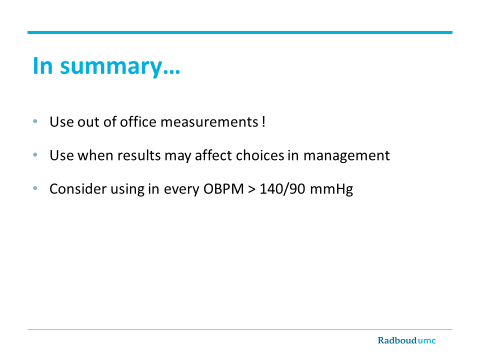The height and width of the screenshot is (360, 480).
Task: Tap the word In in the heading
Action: (x=42, y=65)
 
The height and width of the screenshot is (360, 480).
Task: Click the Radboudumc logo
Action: (x=406, y=340)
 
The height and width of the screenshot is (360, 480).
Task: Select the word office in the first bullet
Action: (x=138, y=121)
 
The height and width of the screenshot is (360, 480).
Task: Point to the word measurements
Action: (x=209, y=122)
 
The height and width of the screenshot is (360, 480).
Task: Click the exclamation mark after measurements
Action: (x=263, y=121)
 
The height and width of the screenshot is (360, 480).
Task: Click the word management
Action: (x=346, y=156)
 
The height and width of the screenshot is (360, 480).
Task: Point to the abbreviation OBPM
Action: (x=223, y=189)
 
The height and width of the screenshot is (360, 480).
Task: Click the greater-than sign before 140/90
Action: (x=251, y=189)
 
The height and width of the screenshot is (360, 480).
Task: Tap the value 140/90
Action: (x=282, y=189)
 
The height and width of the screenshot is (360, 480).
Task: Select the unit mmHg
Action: (x=331, y=189)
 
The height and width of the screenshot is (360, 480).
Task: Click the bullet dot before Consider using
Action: (x=35, y=188)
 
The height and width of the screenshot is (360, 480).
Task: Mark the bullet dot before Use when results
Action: (x=35, y=154)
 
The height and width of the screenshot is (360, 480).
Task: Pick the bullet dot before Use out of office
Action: (x=35, y=121)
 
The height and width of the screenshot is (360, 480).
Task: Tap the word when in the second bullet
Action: (x=95, y=155)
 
